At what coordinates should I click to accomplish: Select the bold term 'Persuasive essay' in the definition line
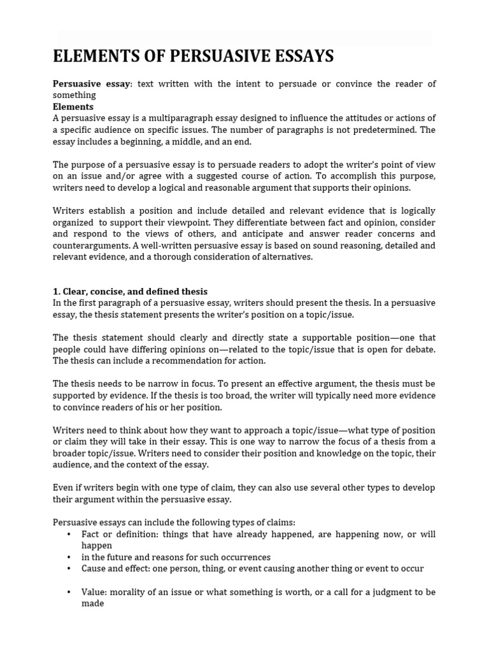click(91, 85)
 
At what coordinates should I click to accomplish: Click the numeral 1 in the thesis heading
click(55, 292)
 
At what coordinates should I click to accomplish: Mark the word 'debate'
click(420, 349)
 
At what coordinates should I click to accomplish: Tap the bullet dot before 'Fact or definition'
click(69, 534)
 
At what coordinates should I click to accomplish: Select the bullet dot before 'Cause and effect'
click(69, 568)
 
